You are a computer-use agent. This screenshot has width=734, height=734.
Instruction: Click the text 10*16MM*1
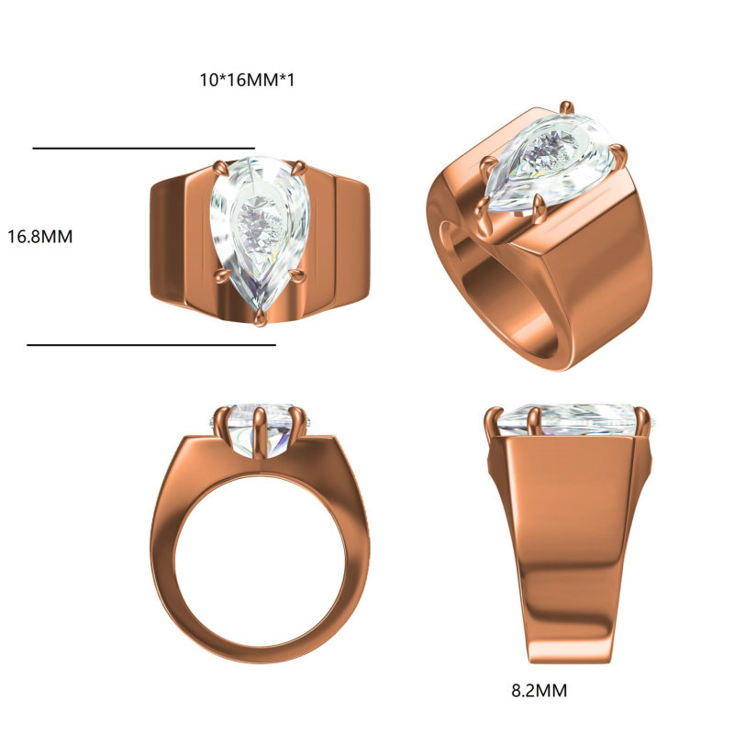point(247,80)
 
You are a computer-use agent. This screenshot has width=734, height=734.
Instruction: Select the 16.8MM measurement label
point(39,236)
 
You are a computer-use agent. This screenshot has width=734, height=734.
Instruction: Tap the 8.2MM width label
point(539,689)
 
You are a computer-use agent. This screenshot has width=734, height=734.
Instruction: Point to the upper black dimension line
point(143,148)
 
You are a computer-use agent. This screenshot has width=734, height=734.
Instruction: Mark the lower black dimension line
point(151,346)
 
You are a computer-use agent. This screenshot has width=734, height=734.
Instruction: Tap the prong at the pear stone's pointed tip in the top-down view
point(261,316)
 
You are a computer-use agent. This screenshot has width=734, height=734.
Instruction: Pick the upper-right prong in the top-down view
point(298,166)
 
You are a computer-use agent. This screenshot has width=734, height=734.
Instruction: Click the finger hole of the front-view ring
point(259,561)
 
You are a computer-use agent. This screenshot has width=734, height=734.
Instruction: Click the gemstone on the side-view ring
point(569,420)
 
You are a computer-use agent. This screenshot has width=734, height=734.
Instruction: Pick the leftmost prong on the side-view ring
point(493,420)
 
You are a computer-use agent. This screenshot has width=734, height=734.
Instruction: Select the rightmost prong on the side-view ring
point(643,420)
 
